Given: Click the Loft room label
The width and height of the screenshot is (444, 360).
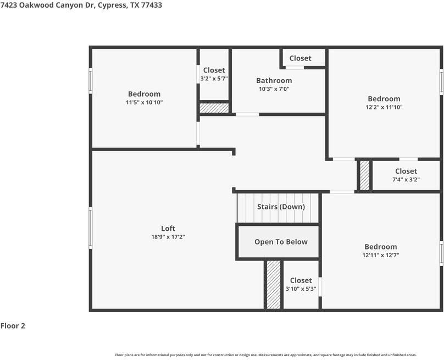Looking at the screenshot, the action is point(168,228).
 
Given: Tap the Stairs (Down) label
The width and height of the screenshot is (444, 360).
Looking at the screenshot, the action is point(281,207).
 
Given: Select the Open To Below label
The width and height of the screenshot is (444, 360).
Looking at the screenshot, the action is point(281,242).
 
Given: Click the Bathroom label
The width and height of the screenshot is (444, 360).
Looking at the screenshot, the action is point(274,80).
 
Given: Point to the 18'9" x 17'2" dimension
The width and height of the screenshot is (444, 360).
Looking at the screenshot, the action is point(168,237).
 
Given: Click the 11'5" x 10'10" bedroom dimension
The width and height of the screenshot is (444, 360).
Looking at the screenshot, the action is point(144,102).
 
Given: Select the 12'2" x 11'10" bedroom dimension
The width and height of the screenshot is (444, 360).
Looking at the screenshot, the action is point(384,107).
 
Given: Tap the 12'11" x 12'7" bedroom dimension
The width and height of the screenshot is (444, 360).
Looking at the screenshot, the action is point(381,255).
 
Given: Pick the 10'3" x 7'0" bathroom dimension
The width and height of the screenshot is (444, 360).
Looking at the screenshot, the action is point(274,89).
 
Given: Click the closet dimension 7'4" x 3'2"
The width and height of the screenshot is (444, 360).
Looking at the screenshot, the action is point(406,179).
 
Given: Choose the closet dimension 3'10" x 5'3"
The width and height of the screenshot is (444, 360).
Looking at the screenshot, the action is point(301,289).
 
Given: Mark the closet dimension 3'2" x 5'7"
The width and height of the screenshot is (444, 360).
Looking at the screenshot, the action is point(214,79).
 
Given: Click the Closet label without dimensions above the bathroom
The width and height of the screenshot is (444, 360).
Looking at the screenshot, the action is point(300,58).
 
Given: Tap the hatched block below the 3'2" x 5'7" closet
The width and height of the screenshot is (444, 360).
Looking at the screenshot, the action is point(214,108).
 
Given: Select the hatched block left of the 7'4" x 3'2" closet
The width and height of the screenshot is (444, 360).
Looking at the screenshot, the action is point(365,176).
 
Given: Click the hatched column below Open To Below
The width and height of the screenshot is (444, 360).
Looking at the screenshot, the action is point(274,284).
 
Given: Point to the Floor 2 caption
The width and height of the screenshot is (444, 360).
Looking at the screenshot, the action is point(13,326).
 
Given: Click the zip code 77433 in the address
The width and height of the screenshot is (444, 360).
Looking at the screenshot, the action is point(152,5).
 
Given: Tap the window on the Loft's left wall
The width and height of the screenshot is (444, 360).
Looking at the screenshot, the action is point(90,228).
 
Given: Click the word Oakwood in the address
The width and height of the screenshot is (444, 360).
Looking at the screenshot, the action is point(36,5).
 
